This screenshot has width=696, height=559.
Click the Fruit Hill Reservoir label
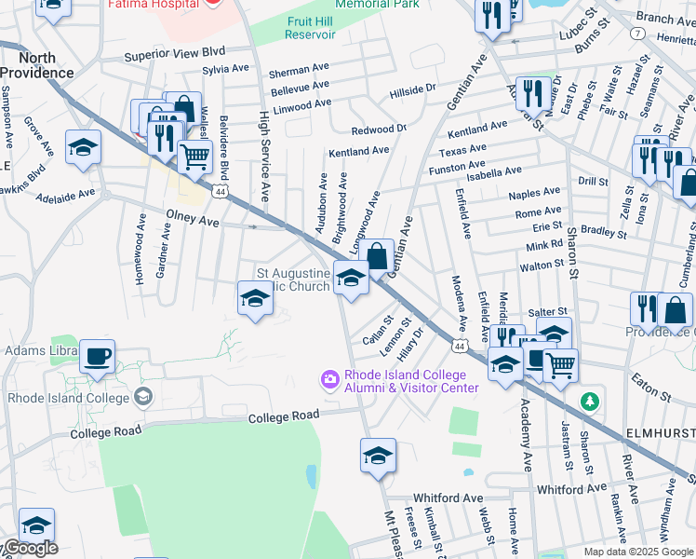click(x=311, y=27)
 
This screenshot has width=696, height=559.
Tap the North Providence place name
click(x=37, y=65)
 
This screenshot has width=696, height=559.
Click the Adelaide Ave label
click(x=65, y=196)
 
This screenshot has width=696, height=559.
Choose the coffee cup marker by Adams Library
click(x=97, y=356)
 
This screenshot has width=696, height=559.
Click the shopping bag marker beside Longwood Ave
click(x=377, y=255)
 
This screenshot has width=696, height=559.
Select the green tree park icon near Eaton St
click(x=588, y=402)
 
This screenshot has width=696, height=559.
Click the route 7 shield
click(x=637, y=33)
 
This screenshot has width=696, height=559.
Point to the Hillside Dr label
click(x=412, y=89)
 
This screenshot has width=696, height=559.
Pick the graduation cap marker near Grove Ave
click(x=83, y=147)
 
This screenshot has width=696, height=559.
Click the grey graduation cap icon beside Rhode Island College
click(x=142, y=398)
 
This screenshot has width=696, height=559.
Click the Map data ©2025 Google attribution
click(x=637, y=552)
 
